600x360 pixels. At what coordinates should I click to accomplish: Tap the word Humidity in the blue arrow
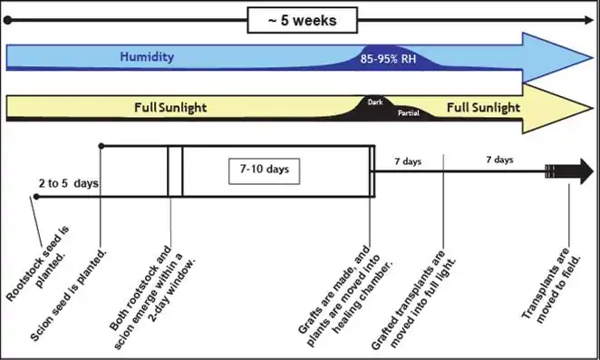point(147,58)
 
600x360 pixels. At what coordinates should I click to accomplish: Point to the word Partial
point(409,113)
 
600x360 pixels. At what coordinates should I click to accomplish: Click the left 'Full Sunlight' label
point(170,107)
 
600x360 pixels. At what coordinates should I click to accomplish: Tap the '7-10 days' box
point(264,170)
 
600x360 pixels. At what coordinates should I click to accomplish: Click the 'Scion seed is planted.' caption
point(71,283)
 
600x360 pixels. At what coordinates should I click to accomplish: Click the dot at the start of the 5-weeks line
point(7,19)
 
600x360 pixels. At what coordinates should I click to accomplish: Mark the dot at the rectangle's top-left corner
point(102,145)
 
